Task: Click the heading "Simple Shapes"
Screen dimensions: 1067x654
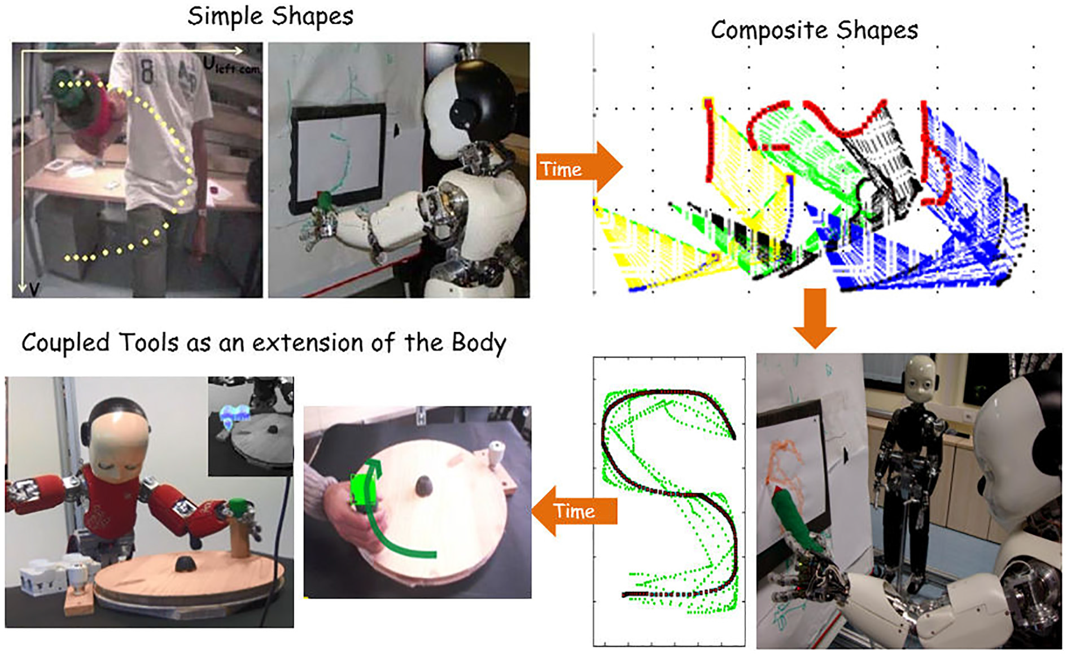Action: [x=270, y=16]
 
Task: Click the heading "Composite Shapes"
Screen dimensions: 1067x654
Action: [x=814, y=30]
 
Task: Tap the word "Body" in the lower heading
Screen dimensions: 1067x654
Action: [x=479, y=343]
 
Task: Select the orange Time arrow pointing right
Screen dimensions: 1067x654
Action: [x=578, y=168]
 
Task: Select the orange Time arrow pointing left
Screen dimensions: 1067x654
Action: [x=574, y=511]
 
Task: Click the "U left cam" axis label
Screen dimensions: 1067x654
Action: [x=231, y=66]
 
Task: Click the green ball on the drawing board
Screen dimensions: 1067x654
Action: [x=325, y=199]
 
